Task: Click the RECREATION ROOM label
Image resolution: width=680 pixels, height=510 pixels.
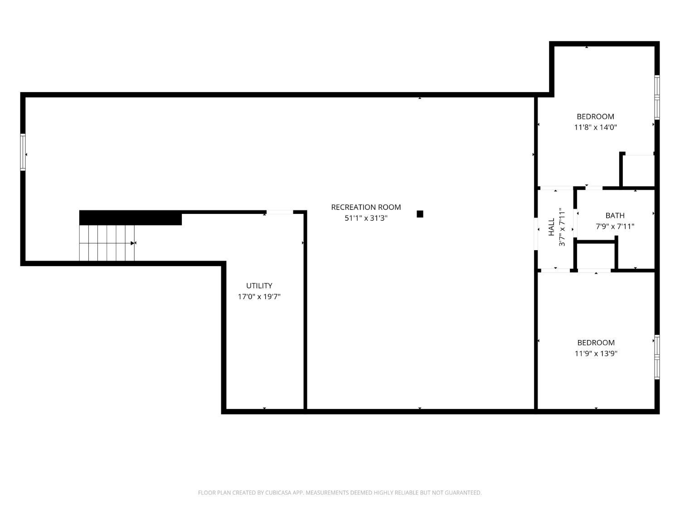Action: click(x=365, y=207)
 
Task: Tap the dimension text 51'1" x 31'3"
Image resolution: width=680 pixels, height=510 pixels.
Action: click(x=365, y=218)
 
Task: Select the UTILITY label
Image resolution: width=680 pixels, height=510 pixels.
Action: click(x=259, y=286)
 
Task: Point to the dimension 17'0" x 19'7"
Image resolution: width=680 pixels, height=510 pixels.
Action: click(x=259, y=296)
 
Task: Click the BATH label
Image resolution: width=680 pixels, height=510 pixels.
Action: click(x=615, y=215)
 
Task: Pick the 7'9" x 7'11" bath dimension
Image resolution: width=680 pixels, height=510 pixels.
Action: click(x=615, y=226)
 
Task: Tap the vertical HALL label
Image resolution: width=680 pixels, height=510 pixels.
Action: click(x=551, y=227)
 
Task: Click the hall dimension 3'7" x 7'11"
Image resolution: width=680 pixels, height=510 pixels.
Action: click(x=562, y=227)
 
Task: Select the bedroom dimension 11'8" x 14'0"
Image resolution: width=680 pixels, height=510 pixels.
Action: click(x=595, y=127)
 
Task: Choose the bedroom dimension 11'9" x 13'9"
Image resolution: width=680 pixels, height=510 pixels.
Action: click(x=596, y=354)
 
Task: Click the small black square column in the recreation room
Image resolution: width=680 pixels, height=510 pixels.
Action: click(x=420, y=214)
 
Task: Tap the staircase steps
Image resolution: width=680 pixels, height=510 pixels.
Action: click(x=107, y=243)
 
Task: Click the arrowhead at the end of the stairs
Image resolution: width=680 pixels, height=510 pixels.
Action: click(x=132, y=243)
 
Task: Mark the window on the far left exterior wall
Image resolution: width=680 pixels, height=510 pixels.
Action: click(x=23, y=152)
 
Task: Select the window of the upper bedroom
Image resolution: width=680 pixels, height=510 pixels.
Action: click(x=657, y=97)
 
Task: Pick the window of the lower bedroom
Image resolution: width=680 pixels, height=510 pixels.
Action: click(x=657, y=357)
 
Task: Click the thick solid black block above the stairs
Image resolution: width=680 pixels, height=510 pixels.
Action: click(x=131, y=218)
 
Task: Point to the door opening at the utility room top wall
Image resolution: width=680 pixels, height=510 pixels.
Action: click(x=280, y=212)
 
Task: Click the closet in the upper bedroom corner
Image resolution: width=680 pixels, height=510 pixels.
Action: click(x=638, y=170)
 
